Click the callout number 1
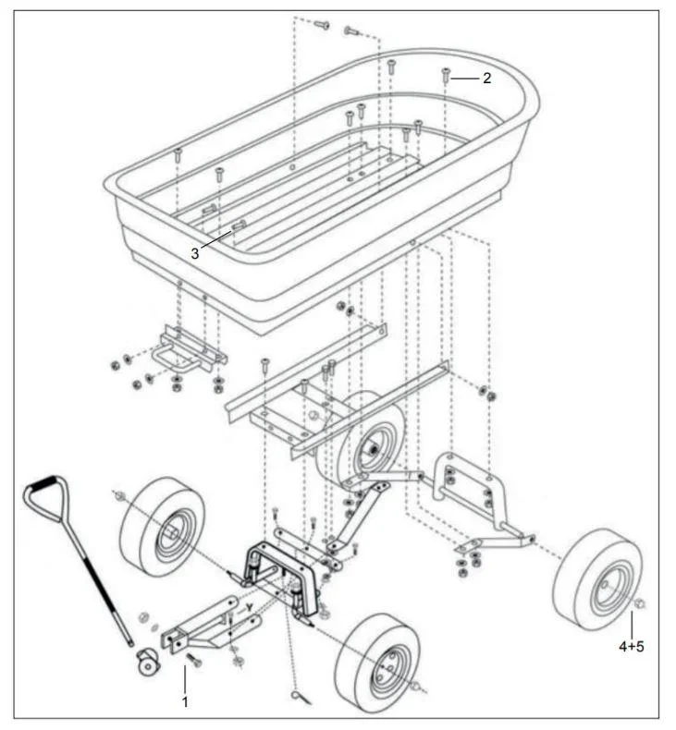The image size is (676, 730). click(185, 701)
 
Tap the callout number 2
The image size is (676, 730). click(486, 79)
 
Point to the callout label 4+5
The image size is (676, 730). click(631, 646)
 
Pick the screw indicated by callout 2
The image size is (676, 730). click(446, 76)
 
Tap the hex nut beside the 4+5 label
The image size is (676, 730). click(640, 607)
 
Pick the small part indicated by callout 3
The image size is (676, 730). click(239, 225)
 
